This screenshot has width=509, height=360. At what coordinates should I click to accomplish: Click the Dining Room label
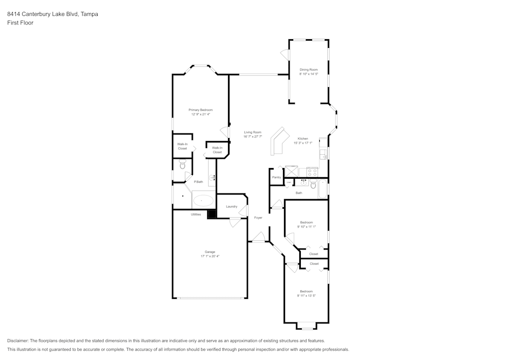click(308, 69)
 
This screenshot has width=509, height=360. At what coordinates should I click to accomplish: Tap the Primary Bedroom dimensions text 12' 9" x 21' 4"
click(201, 115)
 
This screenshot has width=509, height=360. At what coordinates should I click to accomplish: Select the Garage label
click(210, 252)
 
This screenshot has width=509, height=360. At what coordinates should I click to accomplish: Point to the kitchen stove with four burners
click(310, 173)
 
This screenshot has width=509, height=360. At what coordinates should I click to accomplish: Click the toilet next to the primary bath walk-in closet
click(183, 165)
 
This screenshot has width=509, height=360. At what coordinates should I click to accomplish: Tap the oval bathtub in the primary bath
click(204, 201)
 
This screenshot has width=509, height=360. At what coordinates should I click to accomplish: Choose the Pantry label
click(276, 177)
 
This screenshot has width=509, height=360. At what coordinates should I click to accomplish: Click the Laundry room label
click(232, 206)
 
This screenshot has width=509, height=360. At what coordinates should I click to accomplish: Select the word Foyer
click(259, 217)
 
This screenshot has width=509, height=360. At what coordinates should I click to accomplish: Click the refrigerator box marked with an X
click(292, 171)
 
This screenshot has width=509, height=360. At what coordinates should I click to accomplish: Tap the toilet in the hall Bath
click(314, 184)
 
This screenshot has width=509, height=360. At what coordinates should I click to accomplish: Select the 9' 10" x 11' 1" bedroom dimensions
click(306, 227)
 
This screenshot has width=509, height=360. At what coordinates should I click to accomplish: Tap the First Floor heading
click(20, 23)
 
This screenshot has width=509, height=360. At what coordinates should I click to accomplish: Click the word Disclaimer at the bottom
click(18, 341)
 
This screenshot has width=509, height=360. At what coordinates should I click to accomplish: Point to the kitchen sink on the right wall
click(323, 153)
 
